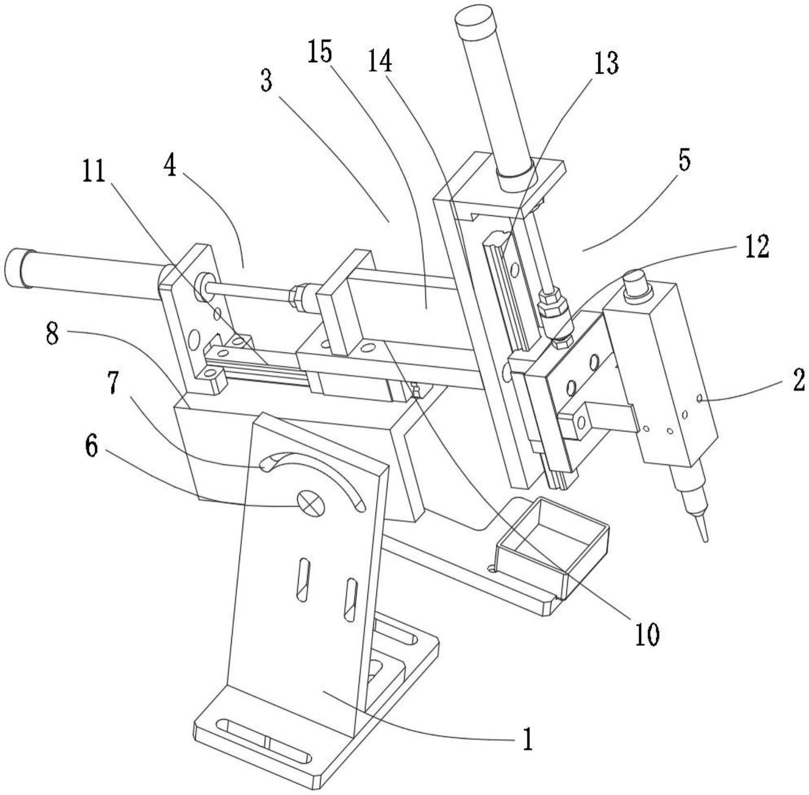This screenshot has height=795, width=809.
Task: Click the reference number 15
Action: [320, 52]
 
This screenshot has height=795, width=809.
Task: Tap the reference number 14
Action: [380, 61]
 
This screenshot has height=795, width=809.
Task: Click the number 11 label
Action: [94, 172]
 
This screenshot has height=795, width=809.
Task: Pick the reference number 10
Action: [647, 633]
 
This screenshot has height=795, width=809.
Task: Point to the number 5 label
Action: [684, 162]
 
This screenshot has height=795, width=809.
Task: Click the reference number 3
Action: [266, 81]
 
